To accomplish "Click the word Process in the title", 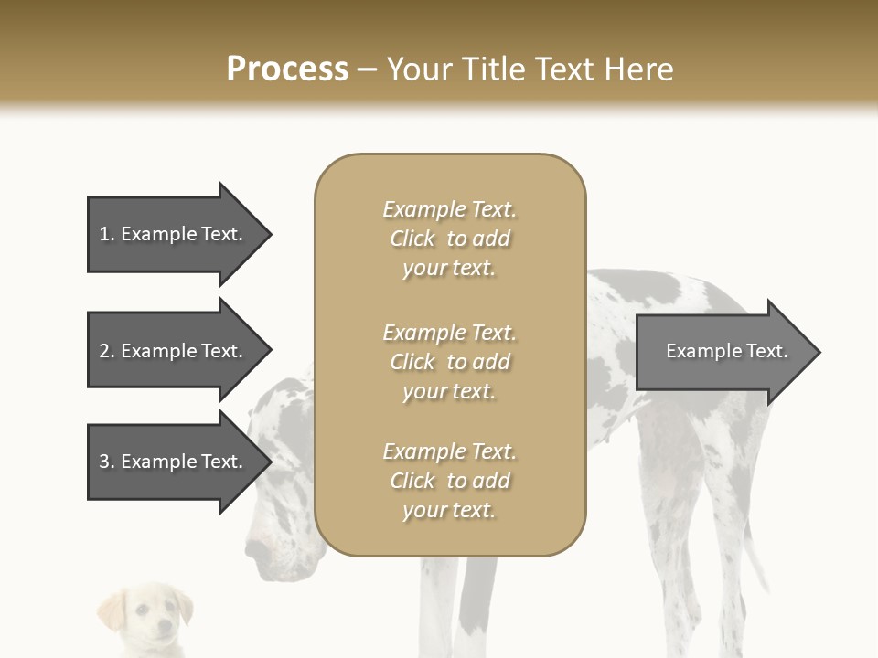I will [x=287, y=69].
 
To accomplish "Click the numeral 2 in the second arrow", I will [x=104, y=351].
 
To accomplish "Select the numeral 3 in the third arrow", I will [x=104, y=462].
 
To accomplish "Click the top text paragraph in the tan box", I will [x=449, y=239].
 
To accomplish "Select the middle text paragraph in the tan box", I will [x=449, y=362].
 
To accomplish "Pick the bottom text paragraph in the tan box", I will [x=449, y=481].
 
